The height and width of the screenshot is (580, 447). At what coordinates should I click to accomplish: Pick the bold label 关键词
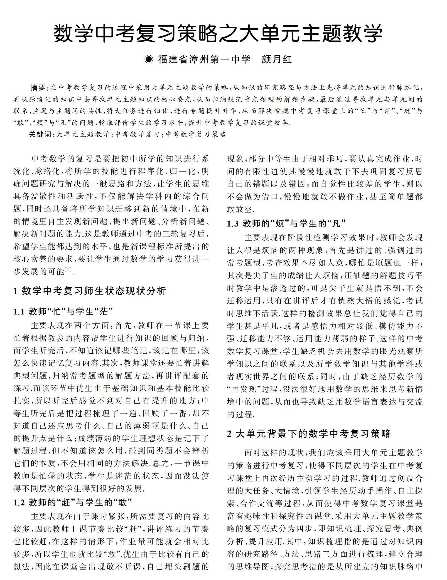40,134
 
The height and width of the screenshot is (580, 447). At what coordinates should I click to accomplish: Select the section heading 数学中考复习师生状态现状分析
94,291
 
